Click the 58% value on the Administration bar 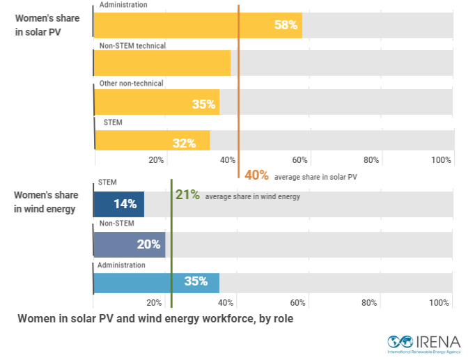tap(286, 25)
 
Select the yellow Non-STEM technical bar tap(162, 63)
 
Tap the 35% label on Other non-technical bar tap(203, 104)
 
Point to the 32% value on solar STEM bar tap(184, 143)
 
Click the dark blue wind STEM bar tap(118, 204)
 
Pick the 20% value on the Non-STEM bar tap(149, 244)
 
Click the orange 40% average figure tap(256, 175)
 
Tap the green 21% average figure tap(188, 195)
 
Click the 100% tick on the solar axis tap(441, 160)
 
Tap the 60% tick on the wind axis tap(298, 303)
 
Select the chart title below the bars tap(156, 319)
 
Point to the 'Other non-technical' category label tap(131, 84)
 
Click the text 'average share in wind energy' tap(252, 197)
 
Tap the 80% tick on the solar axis tap(371, 160)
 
